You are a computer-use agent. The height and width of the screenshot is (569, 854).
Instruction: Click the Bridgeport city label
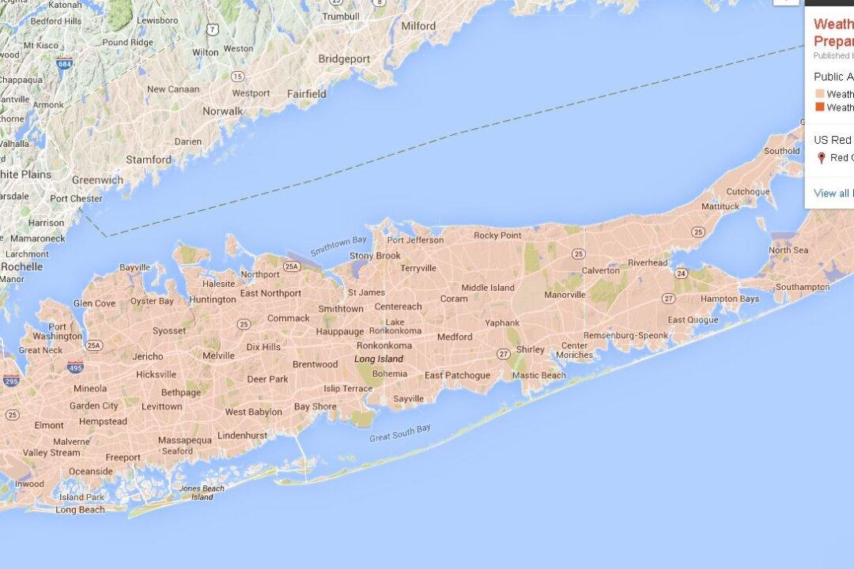(x=344, y=58)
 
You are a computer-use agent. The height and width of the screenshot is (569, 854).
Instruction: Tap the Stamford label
(x=149, y=159)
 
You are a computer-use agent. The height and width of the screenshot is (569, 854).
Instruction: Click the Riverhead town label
(x=648, y=262)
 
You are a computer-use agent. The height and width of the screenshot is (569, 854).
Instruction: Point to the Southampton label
(x=803, y=287)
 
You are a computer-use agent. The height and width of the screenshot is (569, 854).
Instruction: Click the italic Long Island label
(x=379, y=359)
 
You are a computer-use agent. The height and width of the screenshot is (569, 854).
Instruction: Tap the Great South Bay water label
(x=400, y=433)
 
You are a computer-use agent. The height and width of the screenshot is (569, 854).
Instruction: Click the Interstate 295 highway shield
(x=10, y=381)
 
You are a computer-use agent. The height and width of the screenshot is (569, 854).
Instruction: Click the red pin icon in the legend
(x=822, y=158)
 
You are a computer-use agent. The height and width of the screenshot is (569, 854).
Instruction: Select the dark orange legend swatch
(x=819, y=107)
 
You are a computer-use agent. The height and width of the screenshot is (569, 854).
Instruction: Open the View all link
(x=831, y=193)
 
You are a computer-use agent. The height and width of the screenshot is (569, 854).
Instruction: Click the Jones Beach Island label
(x=202, y=492)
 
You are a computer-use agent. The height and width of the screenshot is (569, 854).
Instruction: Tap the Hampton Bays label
(x=729, y=299)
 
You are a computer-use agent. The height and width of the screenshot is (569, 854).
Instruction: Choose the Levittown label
(x=161, y=406)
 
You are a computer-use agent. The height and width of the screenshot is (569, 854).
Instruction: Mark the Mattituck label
(x=720, y=206)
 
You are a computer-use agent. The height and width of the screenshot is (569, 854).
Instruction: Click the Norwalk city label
(x=222, y=111)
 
